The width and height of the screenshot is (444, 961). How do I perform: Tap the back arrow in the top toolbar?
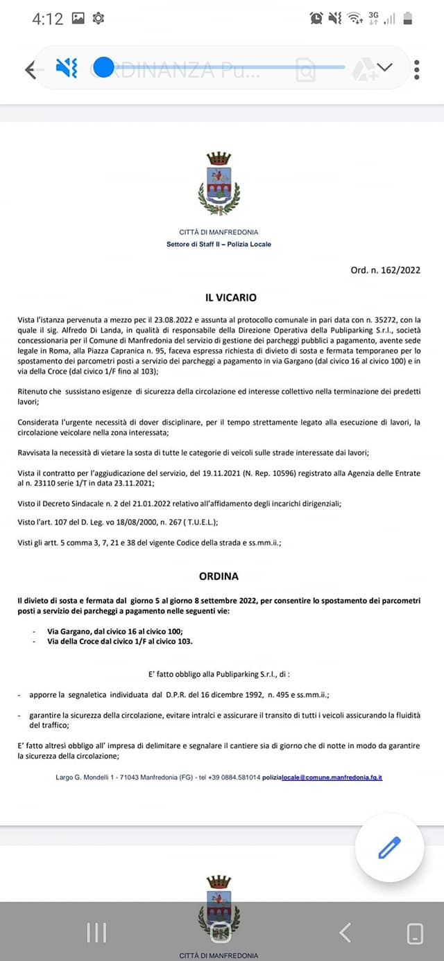coord(30,69)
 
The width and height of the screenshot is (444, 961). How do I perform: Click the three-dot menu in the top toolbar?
coord(416,69)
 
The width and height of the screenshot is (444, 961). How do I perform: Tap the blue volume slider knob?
coord(103,67)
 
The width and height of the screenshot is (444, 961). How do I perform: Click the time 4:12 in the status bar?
coord(47,19)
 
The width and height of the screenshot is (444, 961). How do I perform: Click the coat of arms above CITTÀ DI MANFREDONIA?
coord(219,184)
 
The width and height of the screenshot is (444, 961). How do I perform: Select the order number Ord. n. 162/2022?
coord(385,270)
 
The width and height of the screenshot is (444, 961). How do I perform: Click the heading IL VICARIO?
coord(231,298)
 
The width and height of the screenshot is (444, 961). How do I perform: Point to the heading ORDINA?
coord(219,576)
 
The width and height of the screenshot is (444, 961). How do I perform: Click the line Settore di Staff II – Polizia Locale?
coord(219,245)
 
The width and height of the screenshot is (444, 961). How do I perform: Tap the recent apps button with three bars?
coord(96,933)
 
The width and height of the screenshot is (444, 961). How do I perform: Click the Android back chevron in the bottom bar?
coord(345,933)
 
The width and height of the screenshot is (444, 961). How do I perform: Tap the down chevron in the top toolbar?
coord(384,68)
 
